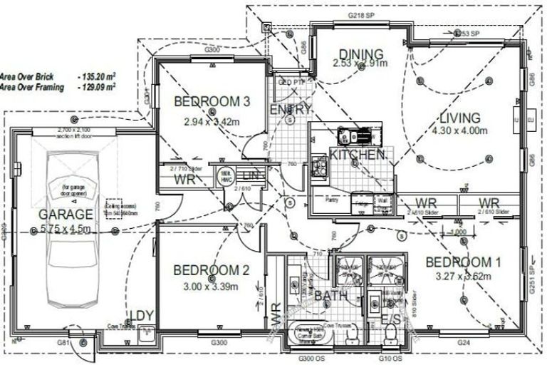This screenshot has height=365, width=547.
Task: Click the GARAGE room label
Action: point(66,214)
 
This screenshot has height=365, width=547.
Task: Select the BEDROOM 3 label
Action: point(212,102)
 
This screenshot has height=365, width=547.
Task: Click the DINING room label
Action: point(360,54)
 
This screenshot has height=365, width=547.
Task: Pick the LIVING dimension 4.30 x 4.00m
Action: point(459,130)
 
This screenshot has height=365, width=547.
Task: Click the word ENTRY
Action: point(291,109)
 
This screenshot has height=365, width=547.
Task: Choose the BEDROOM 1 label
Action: point(463,262)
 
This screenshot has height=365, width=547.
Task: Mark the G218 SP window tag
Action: point(362,14)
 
